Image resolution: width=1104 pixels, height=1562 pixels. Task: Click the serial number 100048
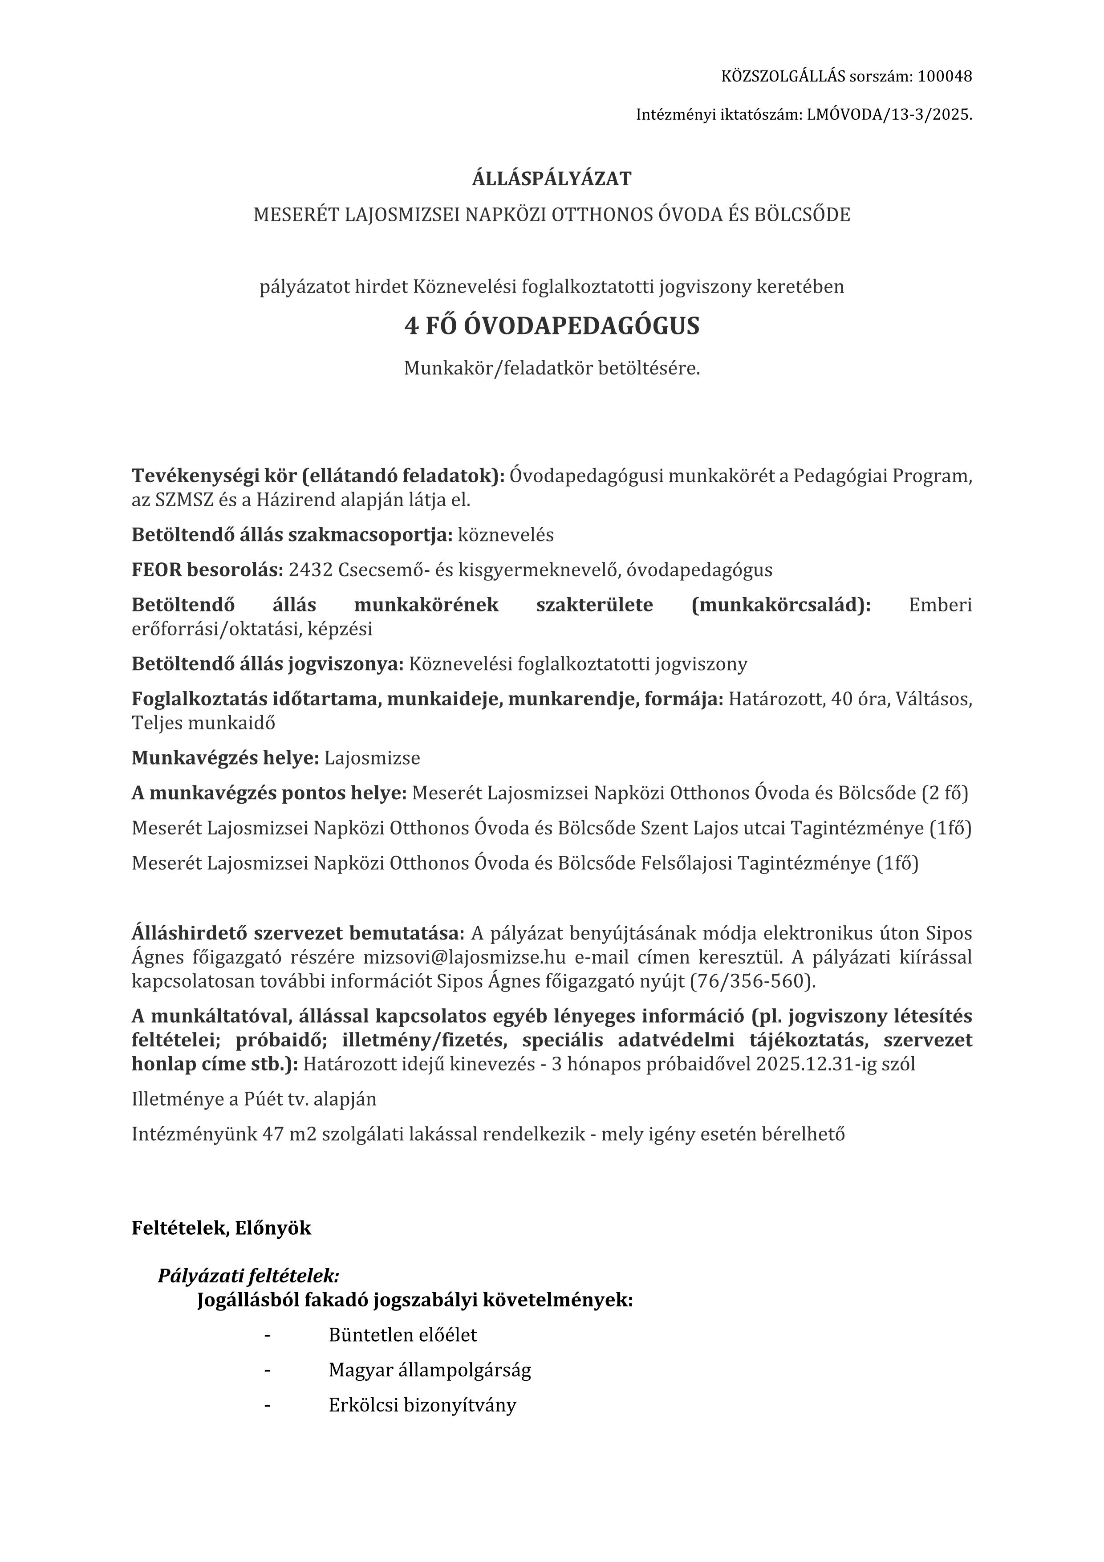point(944,76)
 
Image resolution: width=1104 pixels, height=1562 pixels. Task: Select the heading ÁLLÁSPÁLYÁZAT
point(552,179)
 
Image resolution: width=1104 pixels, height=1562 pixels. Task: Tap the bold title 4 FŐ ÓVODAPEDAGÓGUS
point(552,326)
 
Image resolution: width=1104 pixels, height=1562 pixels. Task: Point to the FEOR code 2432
point(310,569)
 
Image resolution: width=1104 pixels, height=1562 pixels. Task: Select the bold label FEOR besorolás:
point(207,569)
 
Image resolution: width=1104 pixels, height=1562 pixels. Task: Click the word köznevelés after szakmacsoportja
point(505,535)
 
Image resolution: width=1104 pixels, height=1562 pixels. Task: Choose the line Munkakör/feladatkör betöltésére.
point(552,368)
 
